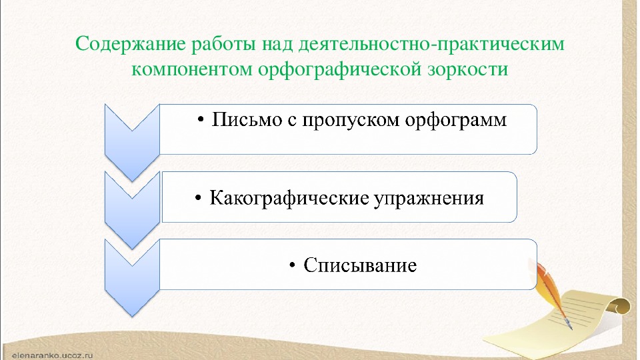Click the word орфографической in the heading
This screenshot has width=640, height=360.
click(x=339, y=69)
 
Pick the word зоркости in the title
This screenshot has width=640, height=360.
click(x=468, y=69)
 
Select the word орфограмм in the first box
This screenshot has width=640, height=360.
click(x=456, y=120)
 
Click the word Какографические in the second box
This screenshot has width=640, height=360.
click(x=289, y=198)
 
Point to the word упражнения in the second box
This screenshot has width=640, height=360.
click(x=429, y=199)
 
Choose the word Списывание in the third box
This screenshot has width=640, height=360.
click(x=360, y=265)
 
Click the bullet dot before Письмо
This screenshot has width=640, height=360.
click(x=200, y=120)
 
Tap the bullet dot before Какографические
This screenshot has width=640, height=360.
click(x=198, y=199)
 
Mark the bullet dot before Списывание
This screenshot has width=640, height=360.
click(x=292, y=265)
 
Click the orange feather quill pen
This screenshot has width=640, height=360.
click(x=554, y=294)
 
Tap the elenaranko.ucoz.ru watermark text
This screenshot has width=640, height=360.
click(x=53, y=355)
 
